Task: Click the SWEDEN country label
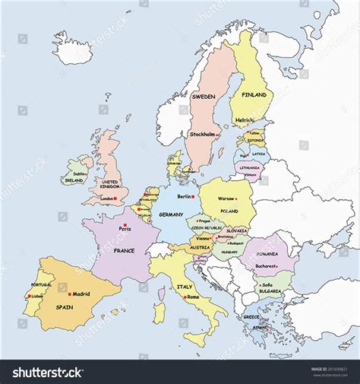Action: pos(203,97)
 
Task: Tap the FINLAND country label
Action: pos(254,96)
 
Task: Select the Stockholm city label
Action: pos(202,135)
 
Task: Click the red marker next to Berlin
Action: pos(193,196)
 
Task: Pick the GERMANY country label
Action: pos(171,215)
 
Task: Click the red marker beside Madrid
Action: pos(69,294)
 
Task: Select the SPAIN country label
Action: pos(63,307)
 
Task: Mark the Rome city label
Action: pos(192,297)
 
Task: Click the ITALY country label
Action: pos(184,287)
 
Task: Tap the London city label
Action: pos(107,199)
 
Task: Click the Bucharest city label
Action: pos(265,266)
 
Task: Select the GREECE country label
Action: pos(251,316)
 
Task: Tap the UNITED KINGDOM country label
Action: pos(110,185)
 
